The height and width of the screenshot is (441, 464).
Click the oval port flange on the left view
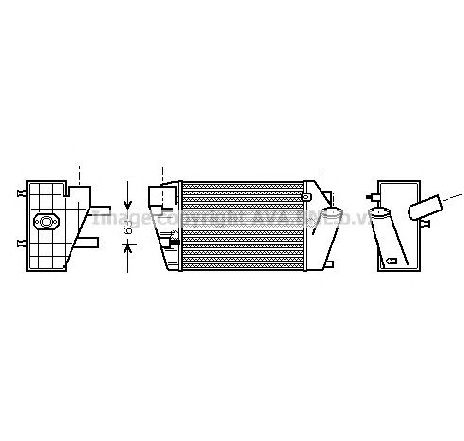pos(46,222)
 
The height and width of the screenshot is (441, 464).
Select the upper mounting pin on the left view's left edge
pos(22,190)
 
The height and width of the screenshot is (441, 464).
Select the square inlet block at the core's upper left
pos(156,196)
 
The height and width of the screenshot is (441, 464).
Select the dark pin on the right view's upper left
pos(375,190)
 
